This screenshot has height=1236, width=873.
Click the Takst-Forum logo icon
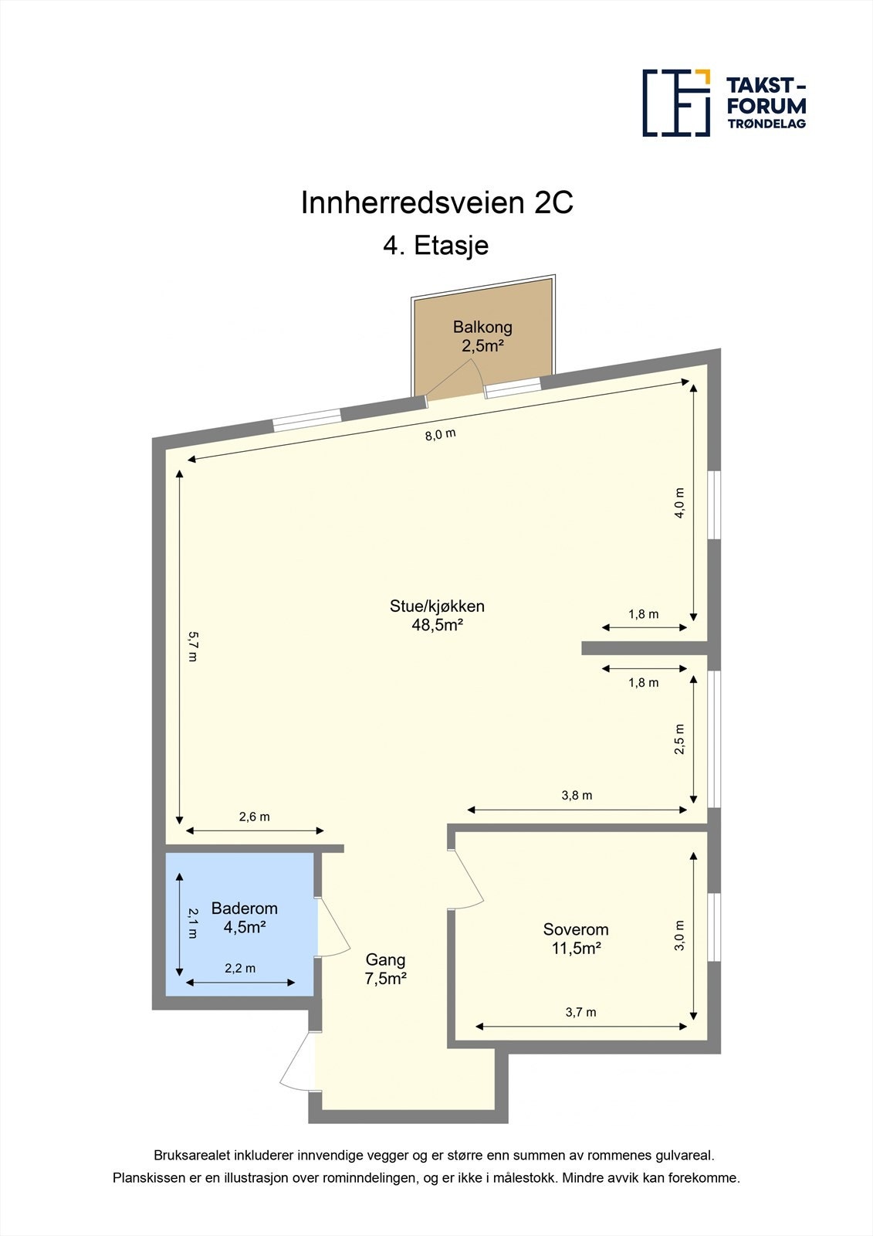pyautogui.click(x=676, y=103)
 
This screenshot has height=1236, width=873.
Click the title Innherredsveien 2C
pyautogui.click(x=436, y=203)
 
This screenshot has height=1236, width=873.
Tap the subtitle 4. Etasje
pyautogui.click(x=436, y=246)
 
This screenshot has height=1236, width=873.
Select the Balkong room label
pyautogui.click(x=482, y=327)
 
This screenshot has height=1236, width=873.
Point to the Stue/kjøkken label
pyautogui.click(x=437, y=606)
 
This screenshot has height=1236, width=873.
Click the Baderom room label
pyautogui.click(x=244, y=908)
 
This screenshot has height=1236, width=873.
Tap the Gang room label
pyautogui.click(x=385, y=959)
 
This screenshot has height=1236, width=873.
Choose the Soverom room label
pyautogui.click(x=576, y=929)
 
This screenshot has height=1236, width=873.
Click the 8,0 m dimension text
pyautogui.click(x=440, y=434)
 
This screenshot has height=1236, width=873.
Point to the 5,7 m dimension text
pyautogui.click(x=193, y=647)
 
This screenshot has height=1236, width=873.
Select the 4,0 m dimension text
pyautogui.click(x=679, y=503)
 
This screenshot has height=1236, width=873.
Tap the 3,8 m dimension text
pyautogui.click(x=577, y=795)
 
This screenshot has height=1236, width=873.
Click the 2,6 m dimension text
pyautogui.click(x=254, y=817)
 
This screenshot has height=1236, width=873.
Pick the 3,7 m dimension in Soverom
pyautogui.click(x=580, y=1012)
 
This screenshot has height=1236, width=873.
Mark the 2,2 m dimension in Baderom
pyautogui.click(x=240, y=968)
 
